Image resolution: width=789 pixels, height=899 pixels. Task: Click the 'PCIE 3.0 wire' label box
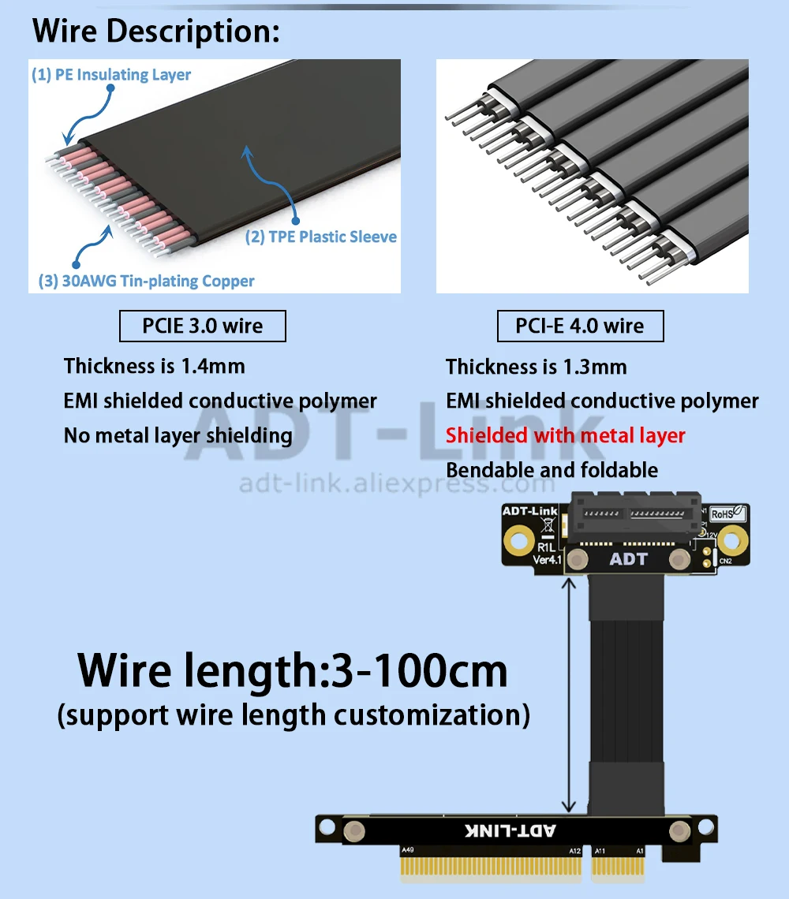pos(202,326)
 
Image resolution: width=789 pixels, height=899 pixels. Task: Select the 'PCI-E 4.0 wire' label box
pos(580,326)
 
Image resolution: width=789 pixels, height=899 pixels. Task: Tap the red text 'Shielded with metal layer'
pos(565,435)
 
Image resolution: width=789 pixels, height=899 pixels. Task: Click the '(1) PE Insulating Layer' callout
pos(111,75)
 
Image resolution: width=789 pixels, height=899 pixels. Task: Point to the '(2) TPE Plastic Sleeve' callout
pos(321,237)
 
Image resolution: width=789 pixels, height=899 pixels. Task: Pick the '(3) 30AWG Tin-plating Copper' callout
pos(147,281)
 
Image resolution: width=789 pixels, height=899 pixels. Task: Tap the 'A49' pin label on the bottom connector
pos(408,850)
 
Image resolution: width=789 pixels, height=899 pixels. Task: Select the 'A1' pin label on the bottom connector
pos(641,850)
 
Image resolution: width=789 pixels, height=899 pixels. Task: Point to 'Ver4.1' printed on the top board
pos(548,559)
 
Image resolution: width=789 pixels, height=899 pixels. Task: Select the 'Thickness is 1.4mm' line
pos(155,366)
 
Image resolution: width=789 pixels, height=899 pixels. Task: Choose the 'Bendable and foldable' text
pos(552,470)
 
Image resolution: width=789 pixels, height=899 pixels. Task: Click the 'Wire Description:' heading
pos(155,32)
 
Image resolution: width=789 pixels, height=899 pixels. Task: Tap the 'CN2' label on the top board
pos(725,561)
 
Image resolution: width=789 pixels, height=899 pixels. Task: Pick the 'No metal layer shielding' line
pos(178,435)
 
